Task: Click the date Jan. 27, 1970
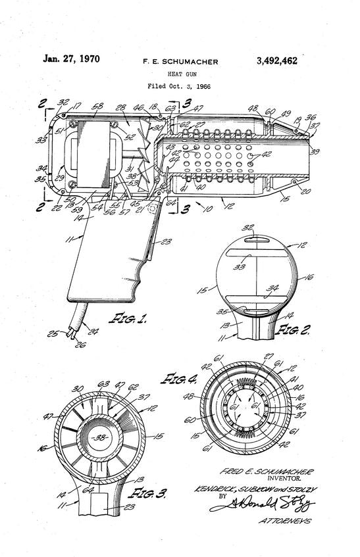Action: point(72,59)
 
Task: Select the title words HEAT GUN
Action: point(180,74)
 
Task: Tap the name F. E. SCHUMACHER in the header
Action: point(180,62)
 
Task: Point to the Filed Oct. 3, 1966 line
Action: point(180,86)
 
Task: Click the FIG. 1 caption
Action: point(132,320)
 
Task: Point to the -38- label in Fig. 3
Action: point(101,437)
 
